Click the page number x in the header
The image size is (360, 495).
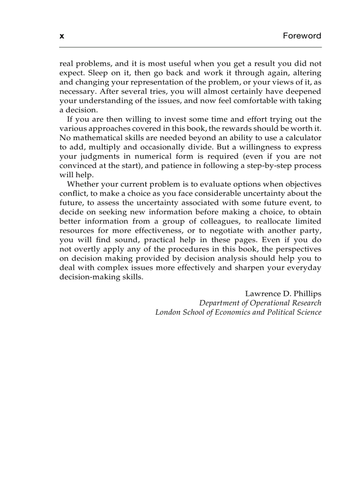click(62, 36)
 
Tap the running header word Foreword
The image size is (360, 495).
click(302, 36)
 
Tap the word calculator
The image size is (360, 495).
click(302, 138)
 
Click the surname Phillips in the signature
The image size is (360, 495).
click(306, 294)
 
